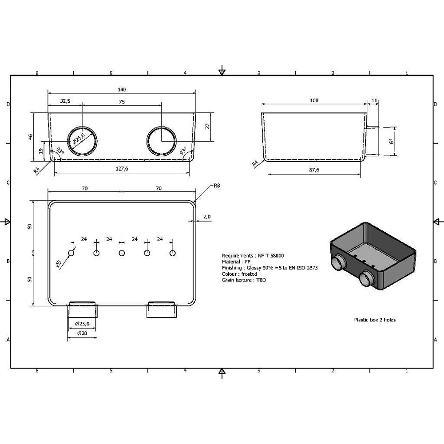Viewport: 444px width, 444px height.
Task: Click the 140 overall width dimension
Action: pos(122,90)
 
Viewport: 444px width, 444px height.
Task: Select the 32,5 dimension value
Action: pos(65,101)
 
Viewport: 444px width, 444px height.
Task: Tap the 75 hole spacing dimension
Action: pos(122,102)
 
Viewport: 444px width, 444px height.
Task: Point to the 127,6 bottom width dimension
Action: pos(122,168)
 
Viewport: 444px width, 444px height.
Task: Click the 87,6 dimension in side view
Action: pos(314,170)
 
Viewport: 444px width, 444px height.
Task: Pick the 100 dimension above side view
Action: pos(314,100)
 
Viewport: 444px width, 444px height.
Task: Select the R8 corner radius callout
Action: pos(217,186)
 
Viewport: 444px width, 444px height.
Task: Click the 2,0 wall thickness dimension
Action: pos(207,217)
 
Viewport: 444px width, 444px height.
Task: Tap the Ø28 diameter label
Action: pos(82,333)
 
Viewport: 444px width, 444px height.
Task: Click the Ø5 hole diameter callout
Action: pos(58,264)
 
